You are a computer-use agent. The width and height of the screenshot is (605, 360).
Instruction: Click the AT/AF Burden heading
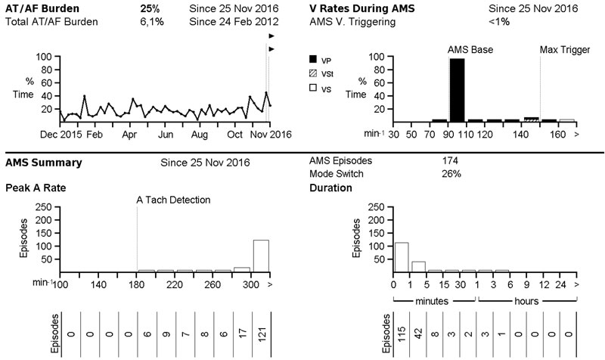click(41, 8)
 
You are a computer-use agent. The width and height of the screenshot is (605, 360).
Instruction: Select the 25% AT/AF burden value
click(149, 8)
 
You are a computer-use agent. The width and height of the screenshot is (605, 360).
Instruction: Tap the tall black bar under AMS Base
click(457, 89)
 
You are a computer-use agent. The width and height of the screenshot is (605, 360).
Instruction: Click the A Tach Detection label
click(173, 200)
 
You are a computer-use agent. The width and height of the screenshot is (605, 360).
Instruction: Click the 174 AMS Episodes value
click(450, 161)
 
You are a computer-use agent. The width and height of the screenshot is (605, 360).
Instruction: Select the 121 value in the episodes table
click(261, 333)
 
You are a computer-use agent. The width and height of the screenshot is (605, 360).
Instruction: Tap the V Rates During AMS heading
click(361, 8)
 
